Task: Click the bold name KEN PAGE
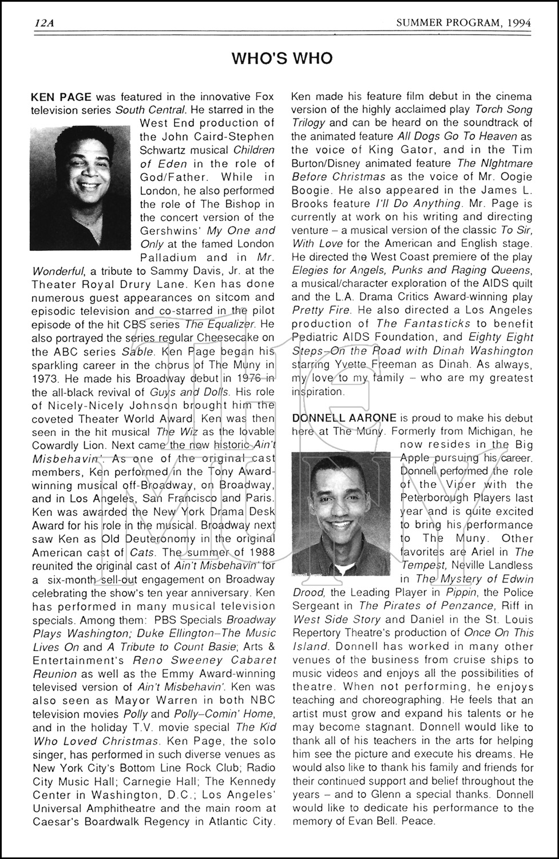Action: click(61, 96)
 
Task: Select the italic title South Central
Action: click(150, 109)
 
